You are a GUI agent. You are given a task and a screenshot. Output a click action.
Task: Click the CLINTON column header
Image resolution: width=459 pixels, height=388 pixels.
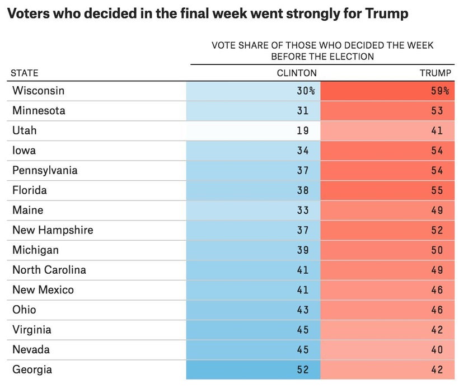click(x=297, y=73)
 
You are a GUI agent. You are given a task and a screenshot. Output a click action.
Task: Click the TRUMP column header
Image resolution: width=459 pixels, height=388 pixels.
click(x=435, y=73)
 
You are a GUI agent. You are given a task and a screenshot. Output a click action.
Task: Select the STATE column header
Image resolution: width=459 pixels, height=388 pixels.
click(x=25, y=73)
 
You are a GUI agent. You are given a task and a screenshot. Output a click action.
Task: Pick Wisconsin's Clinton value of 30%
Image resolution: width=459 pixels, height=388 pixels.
click(x=306, y=91)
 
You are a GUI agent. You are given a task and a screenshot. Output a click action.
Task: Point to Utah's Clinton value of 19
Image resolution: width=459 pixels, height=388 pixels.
click(x=303, y=130)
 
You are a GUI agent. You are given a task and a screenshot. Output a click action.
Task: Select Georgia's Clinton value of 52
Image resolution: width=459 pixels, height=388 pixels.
click(x=303, y=370)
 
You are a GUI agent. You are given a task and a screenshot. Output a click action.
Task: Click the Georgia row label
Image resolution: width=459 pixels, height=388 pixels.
click(x=32, y=370)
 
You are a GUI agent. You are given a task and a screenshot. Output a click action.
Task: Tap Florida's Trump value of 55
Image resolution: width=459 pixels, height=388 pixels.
click(x=437, y=190)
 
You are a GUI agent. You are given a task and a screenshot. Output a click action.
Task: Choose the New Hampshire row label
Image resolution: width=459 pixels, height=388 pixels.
click(x=53, y=230)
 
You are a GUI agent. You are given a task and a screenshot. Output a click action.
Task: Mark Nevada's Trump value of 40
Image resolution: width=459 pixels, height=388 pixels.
click(x=437, y=350)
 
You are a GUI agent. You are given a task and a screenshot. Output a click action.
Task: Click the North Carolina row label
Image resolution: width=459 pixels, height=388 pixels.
click(x=49, y=270)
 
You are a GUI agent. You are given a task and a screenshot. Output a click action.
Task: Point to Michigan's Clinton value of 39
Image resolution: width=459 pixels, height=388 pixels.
click(x=303, y=250)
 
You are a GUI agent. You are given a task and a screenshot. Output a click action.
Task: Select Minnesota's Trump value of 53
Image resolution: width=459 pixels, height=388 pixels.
click(x=437, y=111)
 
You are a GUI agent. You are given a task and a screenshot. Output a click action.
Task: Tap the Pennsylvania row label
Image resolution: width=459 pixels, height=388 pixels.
click(x=45, y=170)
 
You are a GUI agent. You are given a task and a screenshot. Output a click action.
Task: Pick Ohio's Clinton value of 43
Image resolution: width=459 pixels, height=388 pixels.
click(x=303, y=310)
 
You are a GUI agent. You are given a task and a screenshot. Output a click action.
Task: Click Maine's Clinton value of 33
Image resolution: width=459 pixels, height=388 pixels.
click(x=303, y=211)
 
